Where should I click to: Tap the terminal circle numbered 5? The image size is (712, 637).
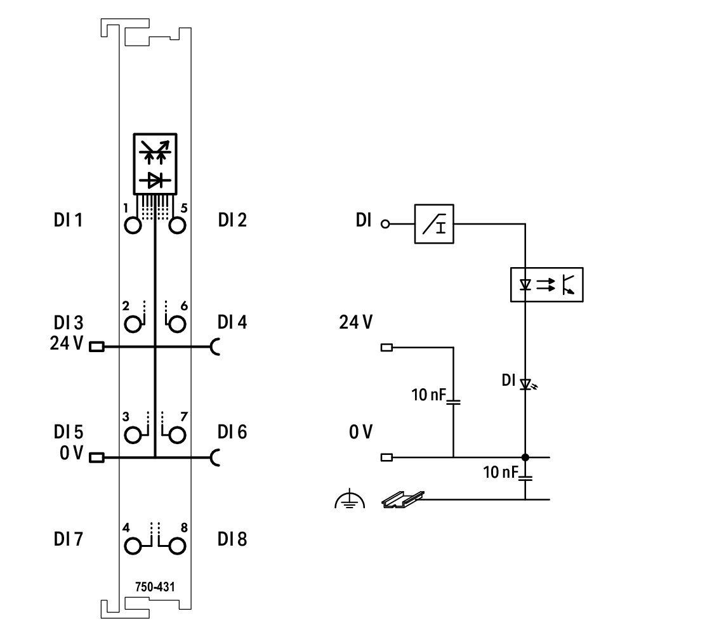[177, 225]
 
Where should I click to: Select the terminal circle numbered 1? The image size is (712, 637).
[133, 225]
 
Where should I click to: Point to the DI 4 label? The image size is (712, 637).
[232, 322]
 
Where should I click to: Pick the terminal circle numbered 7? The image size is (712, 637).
[177, 435]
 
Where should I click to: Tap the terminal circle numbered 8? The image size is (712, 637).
[177, 546]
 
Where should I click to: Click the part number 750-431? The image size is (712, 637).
[155, 588]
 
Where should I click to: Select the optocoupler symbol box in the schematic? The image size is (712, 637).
[546, 285]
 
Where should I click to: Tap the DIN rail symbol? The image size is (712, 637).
[402, 500]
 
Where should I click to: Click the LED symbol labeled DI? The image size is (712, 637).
[525, 384]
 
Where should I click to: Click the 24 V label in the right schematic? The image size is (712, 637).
[356, 322]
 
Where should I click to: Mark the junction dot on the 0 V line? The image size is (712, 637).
[525, 457]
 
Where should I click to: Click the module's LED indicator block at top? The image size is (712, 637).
[155, 164]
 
